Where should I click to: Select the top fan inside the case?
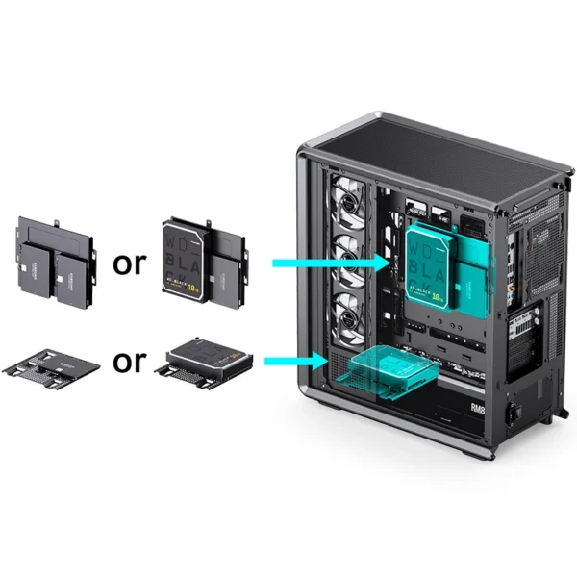pyautogui.click(x=343, y=198)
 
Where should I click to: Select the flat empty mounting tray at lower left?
pyautogui.click(x=54, y=364)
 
